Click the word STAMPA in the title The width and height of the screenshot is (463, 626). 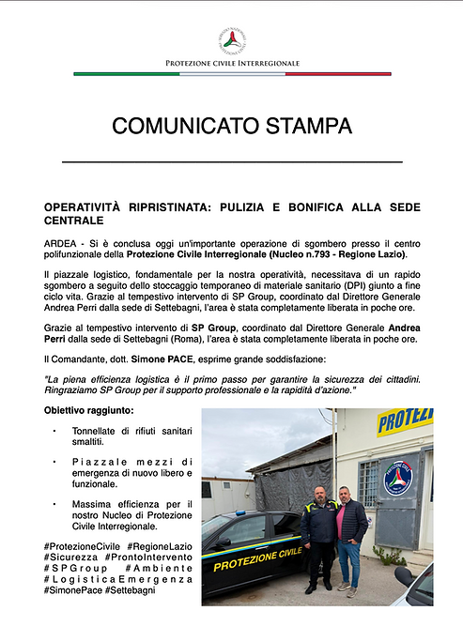(301, 126)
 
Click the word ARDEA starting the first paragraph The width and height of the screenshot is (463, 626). (61, 241)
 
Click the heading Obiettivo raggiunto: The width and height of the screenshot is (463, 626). (88, 411)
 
